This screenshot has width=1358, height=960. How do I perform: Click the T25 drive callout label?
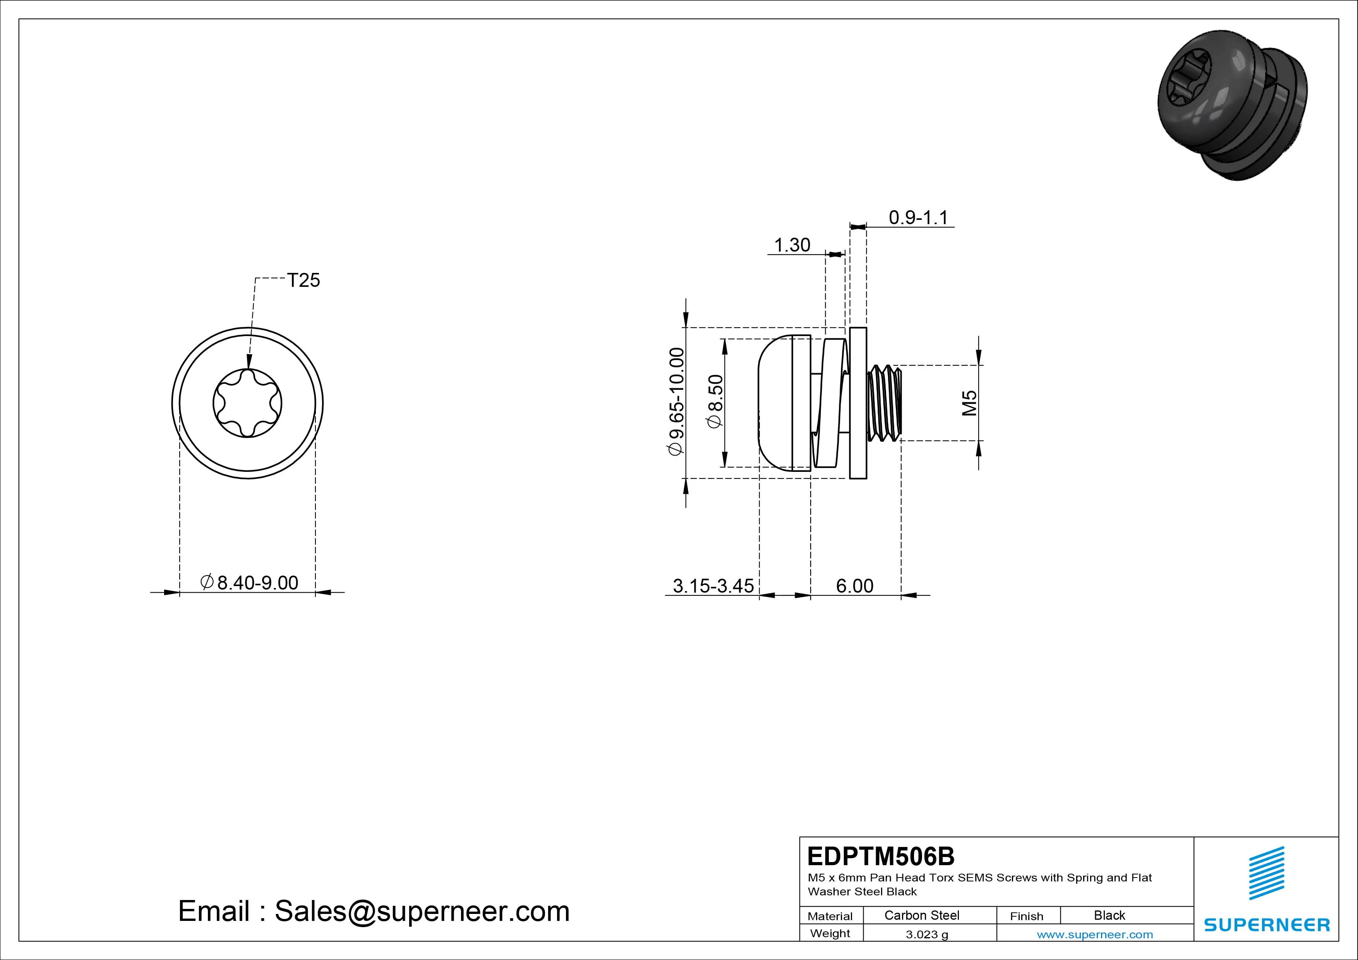coord(303,280)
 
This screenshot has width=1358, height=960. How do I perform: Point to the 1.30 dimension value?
coord(792,245)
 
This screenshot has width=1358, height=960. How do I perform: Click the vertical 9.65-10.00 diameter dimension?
coord(676,402)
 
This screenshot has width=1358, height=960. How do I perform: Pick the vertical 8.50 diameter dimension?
coord(715,402)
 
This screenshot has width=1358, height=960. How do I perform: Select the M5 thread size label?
coord(969,403)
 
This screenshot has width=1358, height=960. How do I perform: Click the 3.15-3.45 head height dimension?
coord(713,586)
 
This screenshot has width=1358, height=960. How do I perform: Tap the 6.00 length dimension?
coord(855,586)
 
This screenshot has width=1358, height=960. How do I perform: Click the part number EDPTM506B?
coord(881,856)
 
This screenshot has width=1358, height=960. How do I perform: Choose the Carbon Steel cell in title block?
coord(921,915)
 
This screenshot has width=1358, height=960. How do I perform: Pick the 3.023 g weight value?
coord(927,934)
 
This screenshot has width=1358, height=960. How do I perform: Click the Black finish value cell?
coord(1109,915)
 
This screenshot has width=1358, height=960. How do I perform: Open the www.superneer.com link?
coord(1095,934)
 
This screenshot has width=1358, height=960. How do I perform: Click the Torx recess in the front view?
coord(247,403)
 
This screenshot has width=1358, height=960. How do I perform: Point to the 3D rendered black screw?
coord(1232,105)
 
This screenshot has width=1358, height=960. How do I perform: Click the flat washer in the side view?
coord(858,403)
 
